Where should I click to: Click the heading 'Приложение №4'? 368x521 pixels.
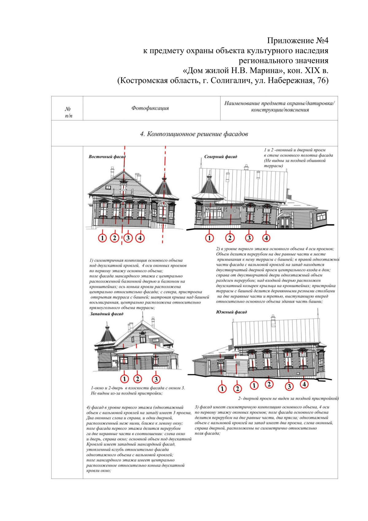(x=297, y=41)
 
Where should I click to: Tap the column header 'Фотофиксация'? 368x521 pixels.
(x=150, y=108)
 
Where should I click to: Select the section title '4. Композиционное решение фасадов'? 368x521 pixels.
(x=194, y=134)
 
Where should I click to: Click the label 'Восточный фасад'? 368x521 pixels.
(x=107, y=157)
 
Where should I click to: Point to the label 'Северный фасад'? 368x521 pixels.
(x=220, y=157)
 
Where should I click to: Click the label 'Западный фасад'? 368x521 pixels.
(x=106, y=314)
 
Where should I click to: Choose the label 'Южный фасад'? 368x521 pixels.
(x=231, y=312)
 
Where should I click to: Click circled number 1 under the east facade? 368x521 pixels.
(x=102, y=238)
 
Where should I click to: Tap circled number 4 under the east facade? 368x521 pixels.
(x=140, y=238)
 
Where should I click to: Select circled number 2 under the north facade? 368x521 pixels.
(x=230, y=238)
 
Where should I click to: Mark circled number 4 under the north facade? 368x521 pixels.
(x=266, y=238)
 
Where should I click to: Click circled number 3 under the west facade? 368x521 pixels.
(x=156, y=379)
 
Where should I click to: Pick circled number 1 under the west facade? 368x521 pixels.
(x=124, y=379)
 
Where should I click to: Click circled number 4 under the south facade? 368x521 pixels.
(x=304, y=384)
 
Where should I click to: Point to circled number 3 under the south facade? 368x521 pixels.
(x=289, y=387)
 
